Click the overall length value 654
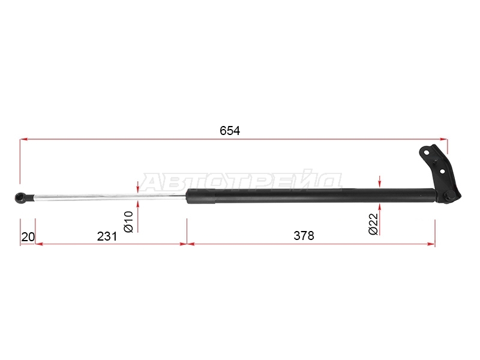click(x=230, y=131)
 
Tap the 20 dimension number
click(x=28, y=237)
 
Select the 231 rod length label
click(x=107, y=236)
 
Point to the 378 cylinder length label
click(x=304, y=236)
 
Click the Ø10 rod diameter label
click(x=129, y=221)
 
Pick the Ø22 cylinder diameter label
click(x=373, y=224)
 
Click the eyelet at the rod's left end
click(x=22, y=197)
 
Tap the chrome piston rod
click(x=110, y=197)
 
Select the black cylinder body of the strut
click(x=310, y=196)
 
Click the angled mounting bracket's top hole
click(x=426, y=152)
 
